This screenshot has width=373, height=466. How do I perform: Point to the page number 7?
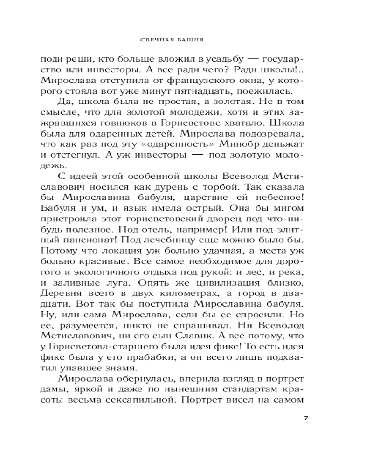click(x=306, y=417)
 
